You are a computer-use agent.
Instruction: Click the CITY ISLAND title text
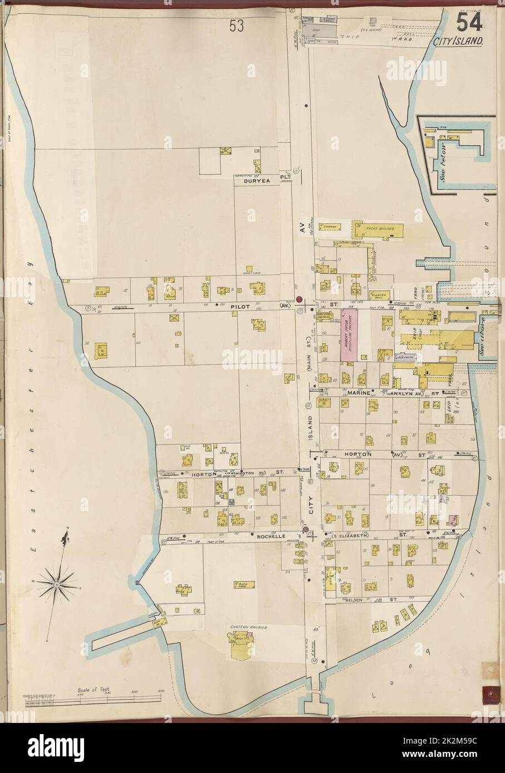pyautogui.click(x=460, y=41)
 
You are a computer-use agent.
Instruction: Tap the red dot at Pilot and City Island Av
pyautogui.click(x=299, y=300)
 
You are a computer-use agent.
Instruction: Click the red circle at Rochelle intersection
pyautogui.click(x=305, y=529)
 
